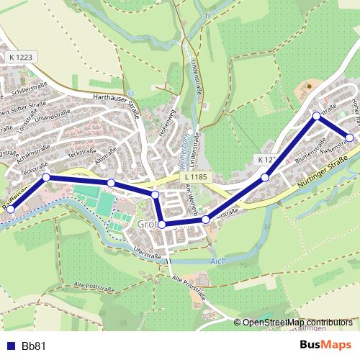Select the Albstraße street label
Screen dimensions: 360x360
coord(105,158)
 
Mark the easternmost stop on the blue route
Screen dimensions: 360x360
coord(350,137)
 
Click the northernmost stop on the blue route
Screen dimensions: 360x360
coord(316,115)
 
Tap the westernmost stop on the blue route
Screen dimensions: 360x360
coord(10,209)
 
